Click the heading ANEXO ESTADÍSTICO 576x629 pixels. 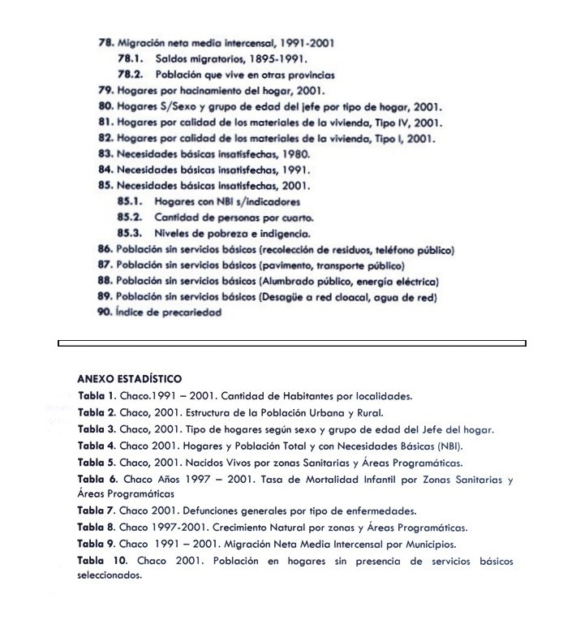pos(130,378)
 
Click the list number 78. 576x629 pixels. pos(105,42)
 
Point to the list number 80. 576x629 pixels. pos(105,106)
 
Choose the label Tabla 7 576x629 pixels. pos(97,511)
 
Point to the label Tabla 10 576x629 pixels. pos(102,561)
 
